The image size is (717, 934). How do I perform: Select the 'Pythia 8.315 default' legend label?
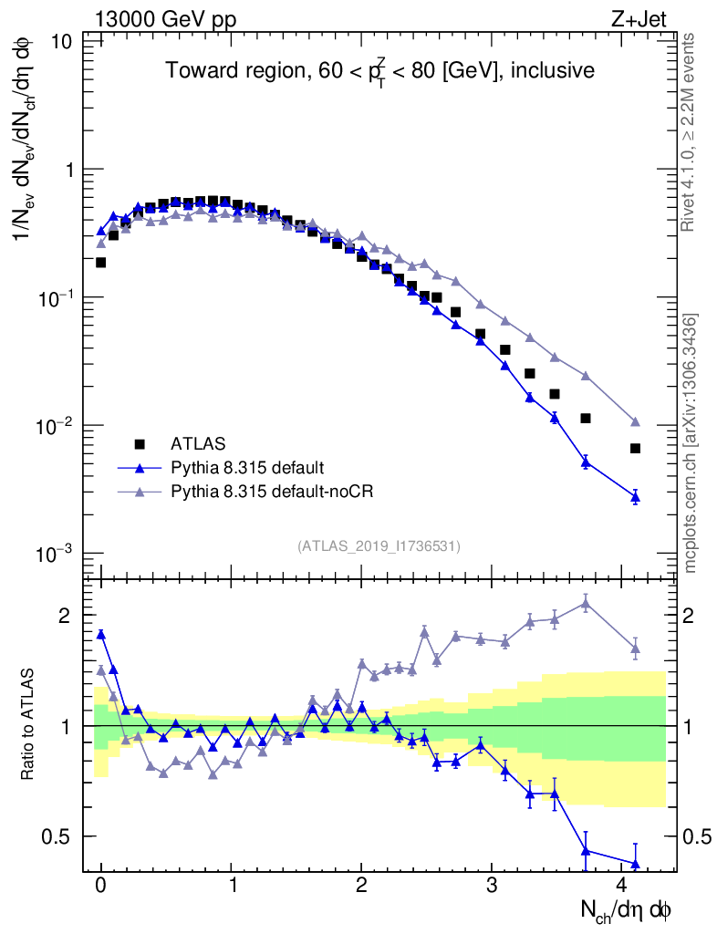(247, 468)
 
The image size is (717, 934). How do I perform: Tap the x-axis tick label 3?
(492, 886)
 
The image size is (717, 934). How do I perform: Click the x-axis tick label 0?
(101, 886)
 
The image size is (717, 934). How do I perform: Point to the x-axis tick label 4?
(622, 886)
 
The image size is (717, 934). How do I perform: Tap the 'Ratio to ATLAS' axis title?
(29, 725)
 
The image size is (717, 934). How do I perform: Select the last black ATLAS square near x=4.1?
(635, 449)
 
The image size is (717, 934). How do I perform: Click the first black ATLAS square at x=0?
(101, 263)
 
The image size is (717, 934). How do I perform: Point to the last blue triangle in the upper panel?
(635, 497)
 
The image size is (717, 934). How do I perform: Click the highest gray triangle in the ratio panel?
(586, 602)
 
